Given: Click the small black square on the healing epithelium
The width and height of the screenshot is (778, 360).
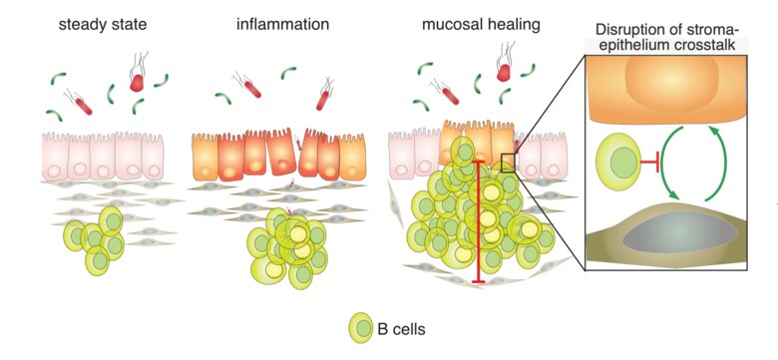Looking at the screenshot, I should [509, 162].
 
